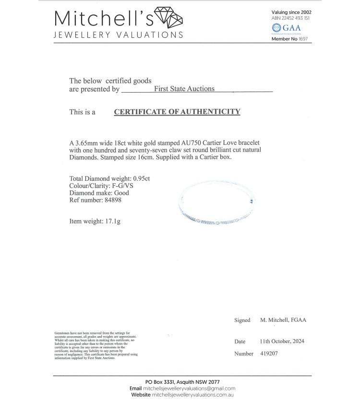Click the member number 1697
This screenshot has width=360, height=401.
pyautogui.click(x=303, y=39)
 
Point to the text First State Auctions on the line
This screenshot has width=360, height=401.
pyautogui.click(x=184, y=89)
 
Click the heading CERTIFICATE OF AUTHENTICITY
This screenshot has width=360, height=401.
pyautogui.click(x=177, y=112)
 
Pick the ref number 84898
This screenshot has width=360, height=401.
pyautogui.click(x=112, y=200)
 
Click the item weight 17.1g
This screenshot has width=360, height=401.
pyautogui.click(x=111, y=221)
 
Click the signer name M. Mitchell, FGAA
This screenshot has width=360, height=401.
pyautogui.click(x=283, y=320)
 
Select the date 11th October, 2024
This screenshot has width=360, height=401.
pyautogui.click(x=282, y=342)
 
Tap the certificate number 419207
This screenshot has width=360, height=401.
pyautogui.click(x=268, y=354)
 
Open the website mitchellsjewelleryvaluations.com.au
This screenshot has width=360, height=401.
pyautogui.click(x=192, y=395)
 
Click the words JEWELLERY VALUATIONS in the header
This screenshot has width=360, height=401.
pyautogui.click(x=118, y=35)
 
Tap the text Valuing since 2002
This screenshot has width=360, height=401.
pyautogui.click(x=291, y=12)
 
